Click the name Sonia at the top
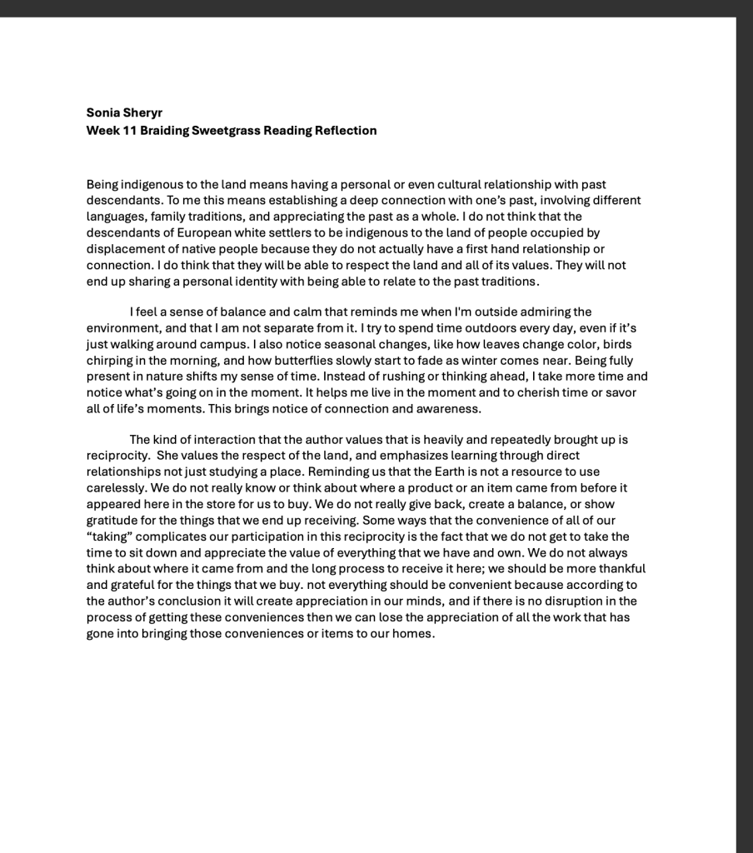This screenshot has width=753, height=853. [x=103, y=112]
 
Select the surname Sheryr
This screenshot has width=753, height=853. [x=144, y=112]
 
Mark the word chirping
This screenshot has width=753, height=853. [x=113, y=360]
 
